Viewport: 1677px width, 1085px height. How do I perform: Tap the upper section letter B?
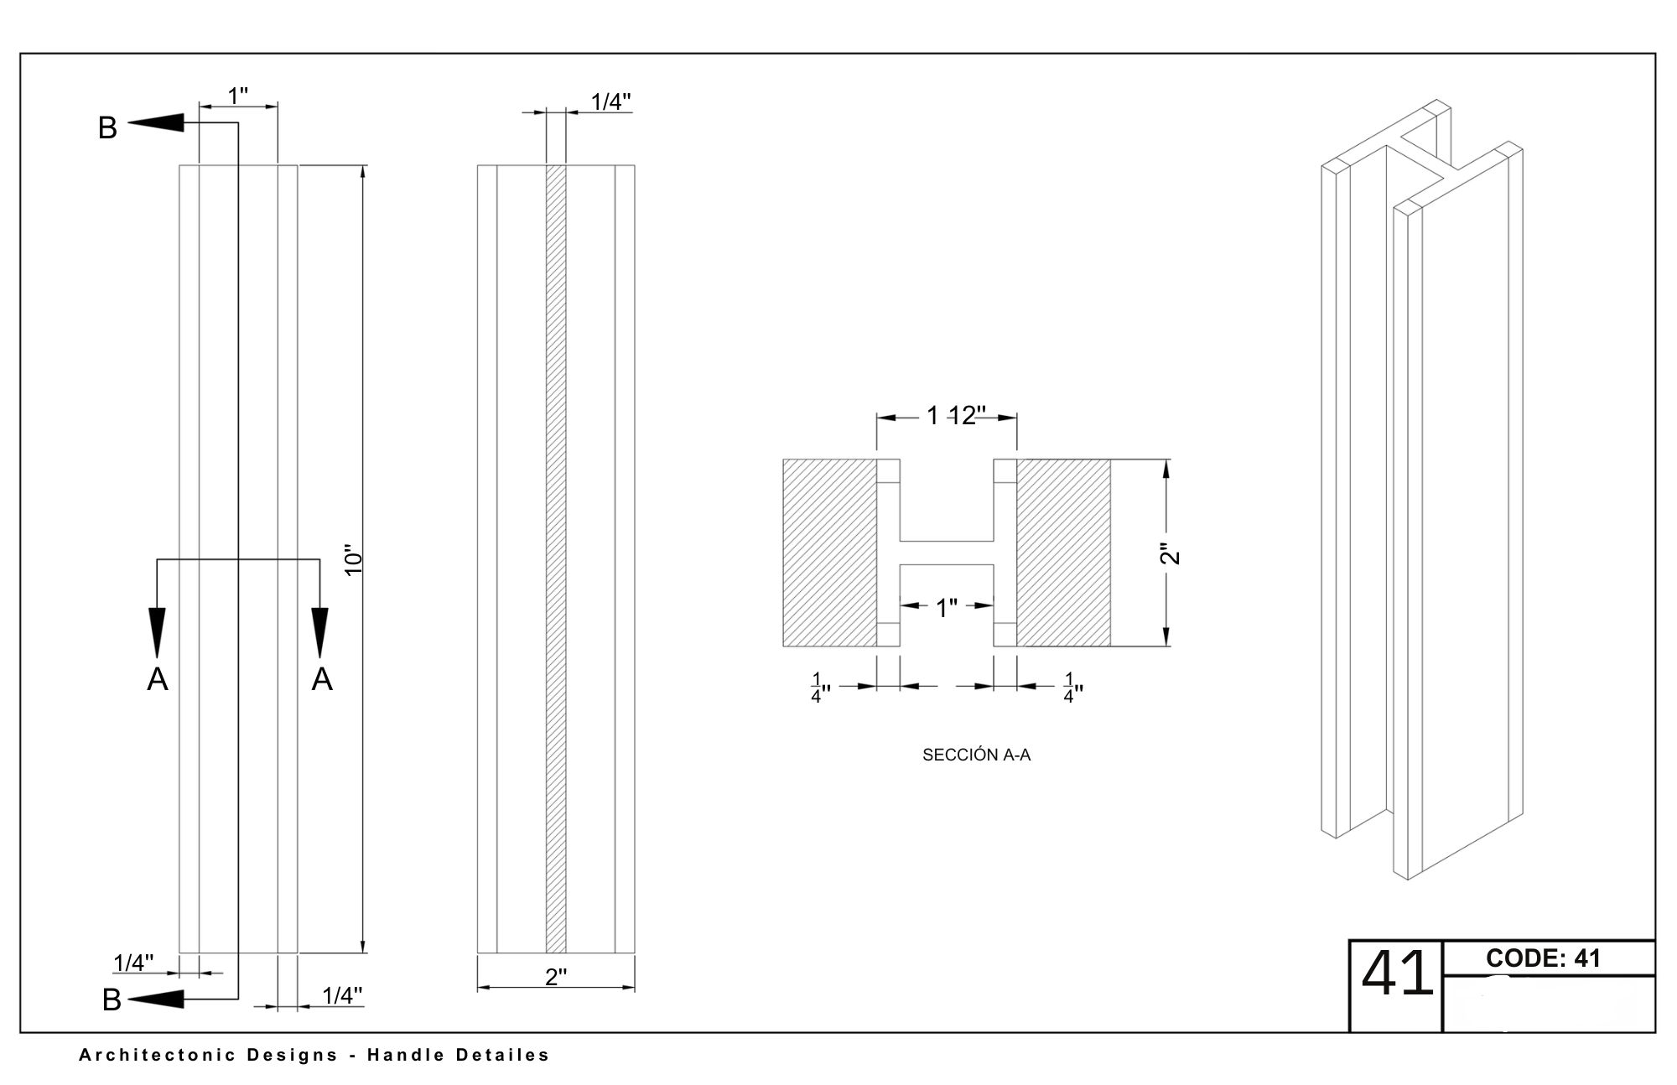(x=107, y=128)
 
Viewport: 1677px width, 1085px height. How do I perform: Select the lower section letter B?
(x=112, y=1000)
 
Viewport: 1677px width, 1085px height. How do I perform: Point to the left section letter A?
(x=158, y=679)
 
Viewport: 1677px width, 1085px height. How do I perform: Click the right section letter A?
(x=322, y=679)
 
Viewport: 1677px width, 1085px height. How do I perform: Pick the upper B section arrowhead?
(x=156, y=123)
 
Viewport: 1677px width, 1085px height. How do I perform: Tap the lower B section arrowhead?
(x=156, y=999)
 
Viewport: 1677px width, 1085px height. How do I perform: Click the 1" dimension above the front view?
(x=238, y=96)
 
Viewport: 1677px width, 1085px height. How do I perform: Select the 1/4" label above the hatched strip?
(x=610, y=101)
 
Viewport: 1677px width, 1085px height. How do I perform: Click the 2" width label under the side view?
(x=556, y=977)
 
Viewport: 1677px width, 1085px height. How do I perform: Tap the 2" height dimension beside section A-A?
(x=1170, y=554)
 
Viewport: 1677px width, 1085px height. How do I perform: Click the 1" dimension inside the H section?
(x=947, y=608)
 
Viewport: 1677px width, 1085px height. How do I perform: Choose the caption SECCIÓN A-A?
(x=976, y=755)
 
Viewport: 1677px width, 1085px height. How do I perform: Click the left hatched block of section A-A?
(x=829, y=553)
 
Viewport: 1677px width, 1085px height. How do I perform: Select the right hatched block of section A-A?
(x=1063, y=553)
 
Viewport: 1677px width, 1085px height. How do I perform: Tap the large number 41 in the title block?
(x=1396, y=974)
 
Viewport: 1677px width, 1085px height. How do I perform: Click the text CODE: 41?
(x=1543, y=958)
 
